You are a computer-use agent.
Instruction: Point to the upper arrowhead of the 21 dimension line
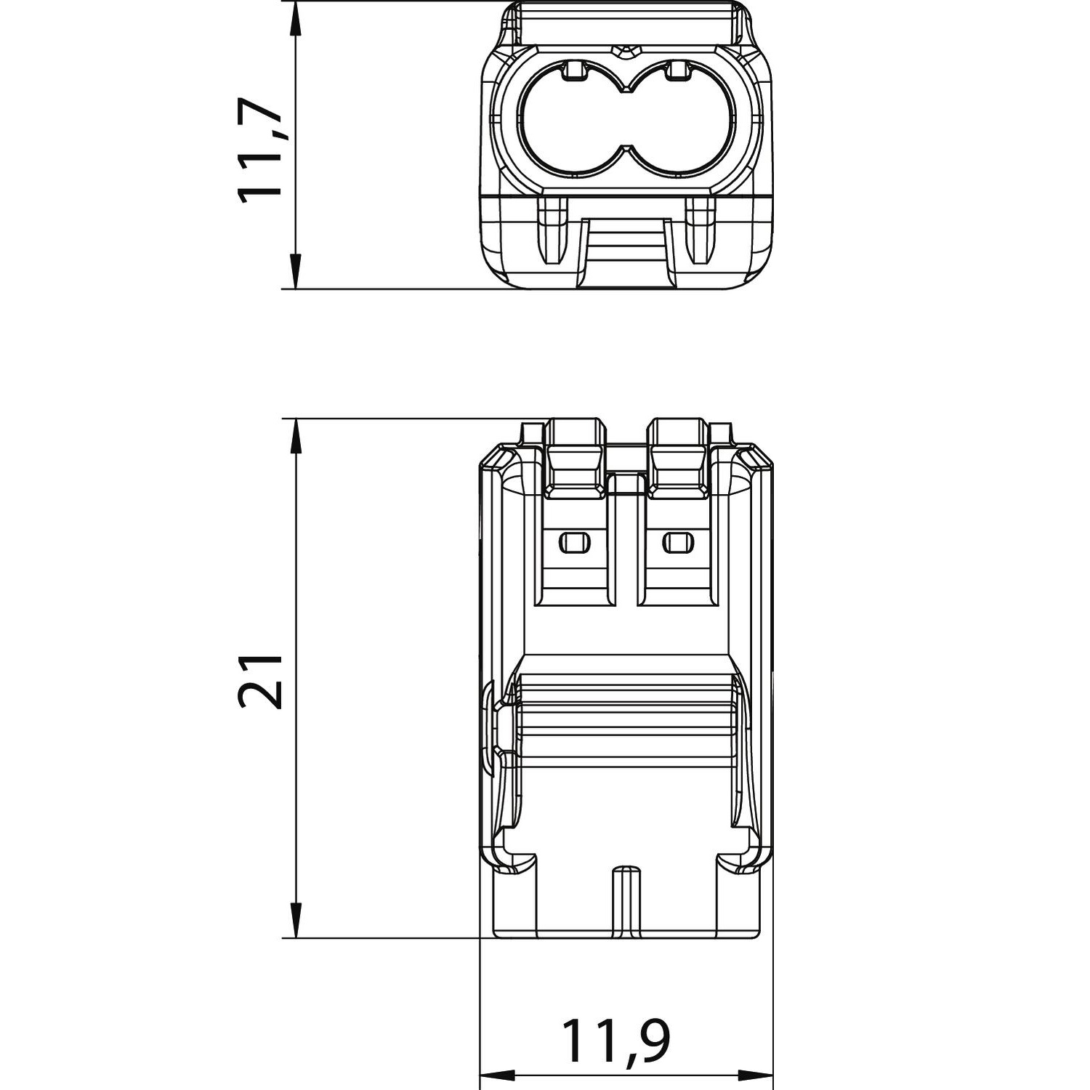tap(295, 437)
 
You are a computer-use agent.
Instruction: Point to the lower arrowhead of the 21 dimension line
tap(295, 920)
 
